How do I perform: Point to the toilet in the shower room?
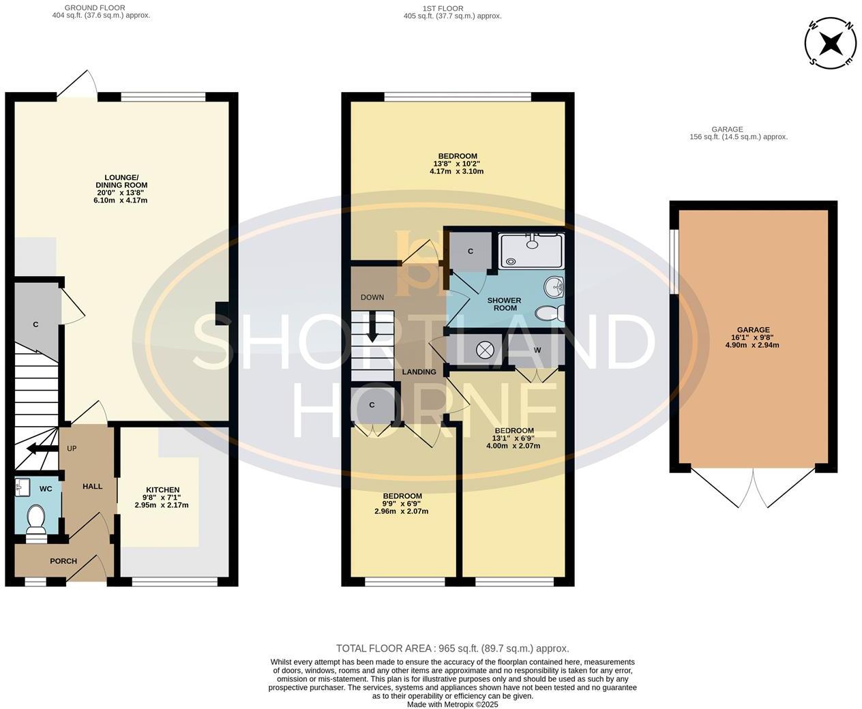pyautogui.click(x=551, y=313)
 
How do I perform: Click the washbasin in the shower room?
pyautogui.click(x=554, y=288)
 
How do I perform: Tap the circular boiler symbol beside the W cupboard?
pyautogui.click(x=484, y=349)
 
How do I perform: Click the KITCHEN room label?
pyautogui.click(x=163, y=489)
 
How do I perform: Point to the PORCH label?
pyautogui.click(x=63, y=561)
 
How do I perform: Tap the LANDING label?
pyautogui.click(x=419, y=372)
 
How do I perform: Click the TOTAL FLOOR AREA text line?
pyautogui.click(x=452, y=648)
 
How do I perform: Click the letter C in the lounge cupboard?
pyautogui.click(x=35, y=325)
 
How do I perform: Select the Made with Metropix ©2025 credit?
pyautogui.click(x=452, y=704)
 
